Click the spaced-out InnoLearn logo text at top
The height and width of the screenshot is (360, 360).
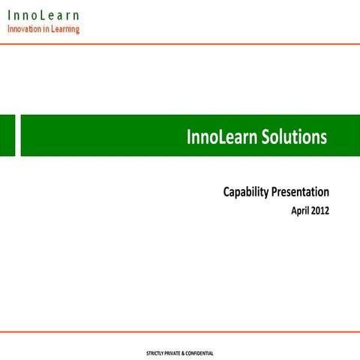tap(43, 15)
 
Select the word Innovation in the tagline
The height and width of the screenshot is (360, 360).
tap(28, 29)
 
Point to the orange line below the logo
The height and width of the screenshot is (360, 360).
tap(180, 43)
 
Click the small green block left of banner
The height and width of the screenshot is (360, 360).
tap(7, 136)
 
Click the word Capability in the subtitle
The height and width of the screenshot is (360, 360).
tap(245, 193)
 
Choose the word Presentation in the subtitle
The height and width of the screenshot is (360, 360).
tap(301, 192)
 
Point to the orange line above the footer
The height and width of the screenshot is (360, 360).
tap(180, 331)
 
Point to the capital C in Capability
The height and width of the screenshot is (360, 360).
tap(227, 192)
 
